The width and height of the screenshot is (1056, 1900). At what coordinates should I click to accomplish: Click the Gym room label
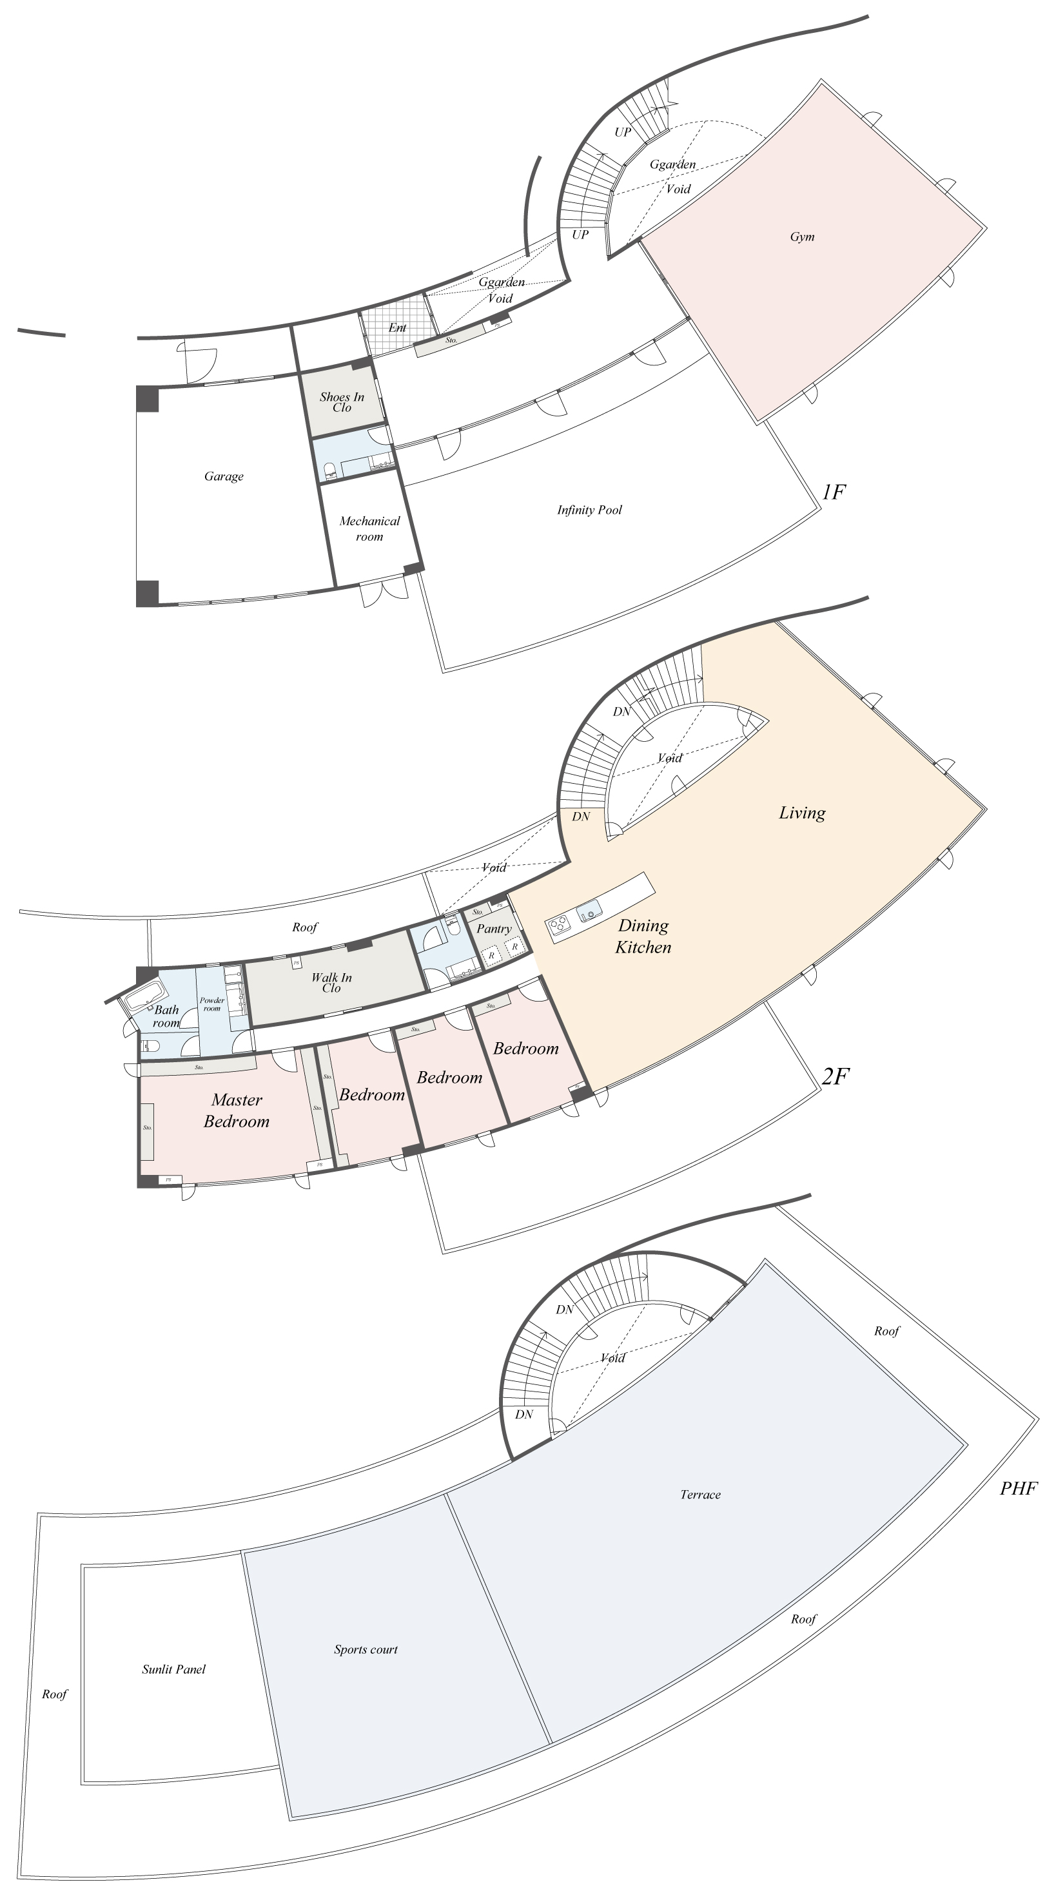coord(801,237)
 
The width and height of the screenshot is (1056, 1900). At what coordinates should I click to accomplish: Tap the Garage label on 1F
coord(224,476)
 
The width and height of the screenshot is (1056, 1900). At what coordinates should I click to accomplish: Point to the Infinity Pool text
coord(589,510)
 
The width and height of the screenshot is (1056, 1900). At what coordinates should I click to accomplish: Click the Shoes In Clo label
coord(342,402)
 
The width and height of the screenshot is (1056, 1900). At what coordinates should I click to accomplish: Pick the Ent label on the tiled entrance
coord(397,327)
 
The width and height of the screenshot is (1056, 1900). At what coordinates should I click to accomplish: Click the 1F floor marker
coord(833,492)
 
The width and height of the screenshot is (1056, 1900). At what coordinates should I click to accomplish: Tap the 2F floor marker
coord(835,1077)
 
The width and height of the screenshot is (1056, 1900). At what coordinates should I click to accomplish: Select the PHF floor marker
coord(1019,1488)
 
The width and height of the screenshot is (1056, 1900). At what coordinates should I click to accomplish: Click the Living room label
coord(801,813)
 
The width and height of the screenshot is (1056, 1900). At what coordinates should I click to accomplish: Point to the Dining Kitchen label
coord(643,936)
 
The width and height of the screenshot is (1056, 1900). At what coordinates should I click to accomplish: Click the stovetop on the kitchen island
coord(559,924)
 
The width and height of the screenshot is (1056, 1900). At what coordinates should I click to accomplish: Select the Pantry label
coord(494,929)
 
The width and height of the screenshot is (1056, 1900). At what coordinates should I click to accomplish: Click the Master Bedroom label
coord(236,1110)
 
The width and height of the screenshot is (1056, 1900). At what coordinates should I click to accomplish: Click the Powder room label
coord(212,1004)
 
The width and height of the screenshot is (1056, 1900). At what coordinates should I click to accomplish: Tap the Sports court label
coord(366,1649)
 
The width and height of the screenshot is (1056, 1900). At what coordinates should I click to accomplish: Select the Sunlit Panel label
coord(173,1669)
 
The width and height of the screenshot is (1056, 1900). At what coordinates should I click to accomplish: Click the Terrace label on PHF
coord(699,1495)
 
